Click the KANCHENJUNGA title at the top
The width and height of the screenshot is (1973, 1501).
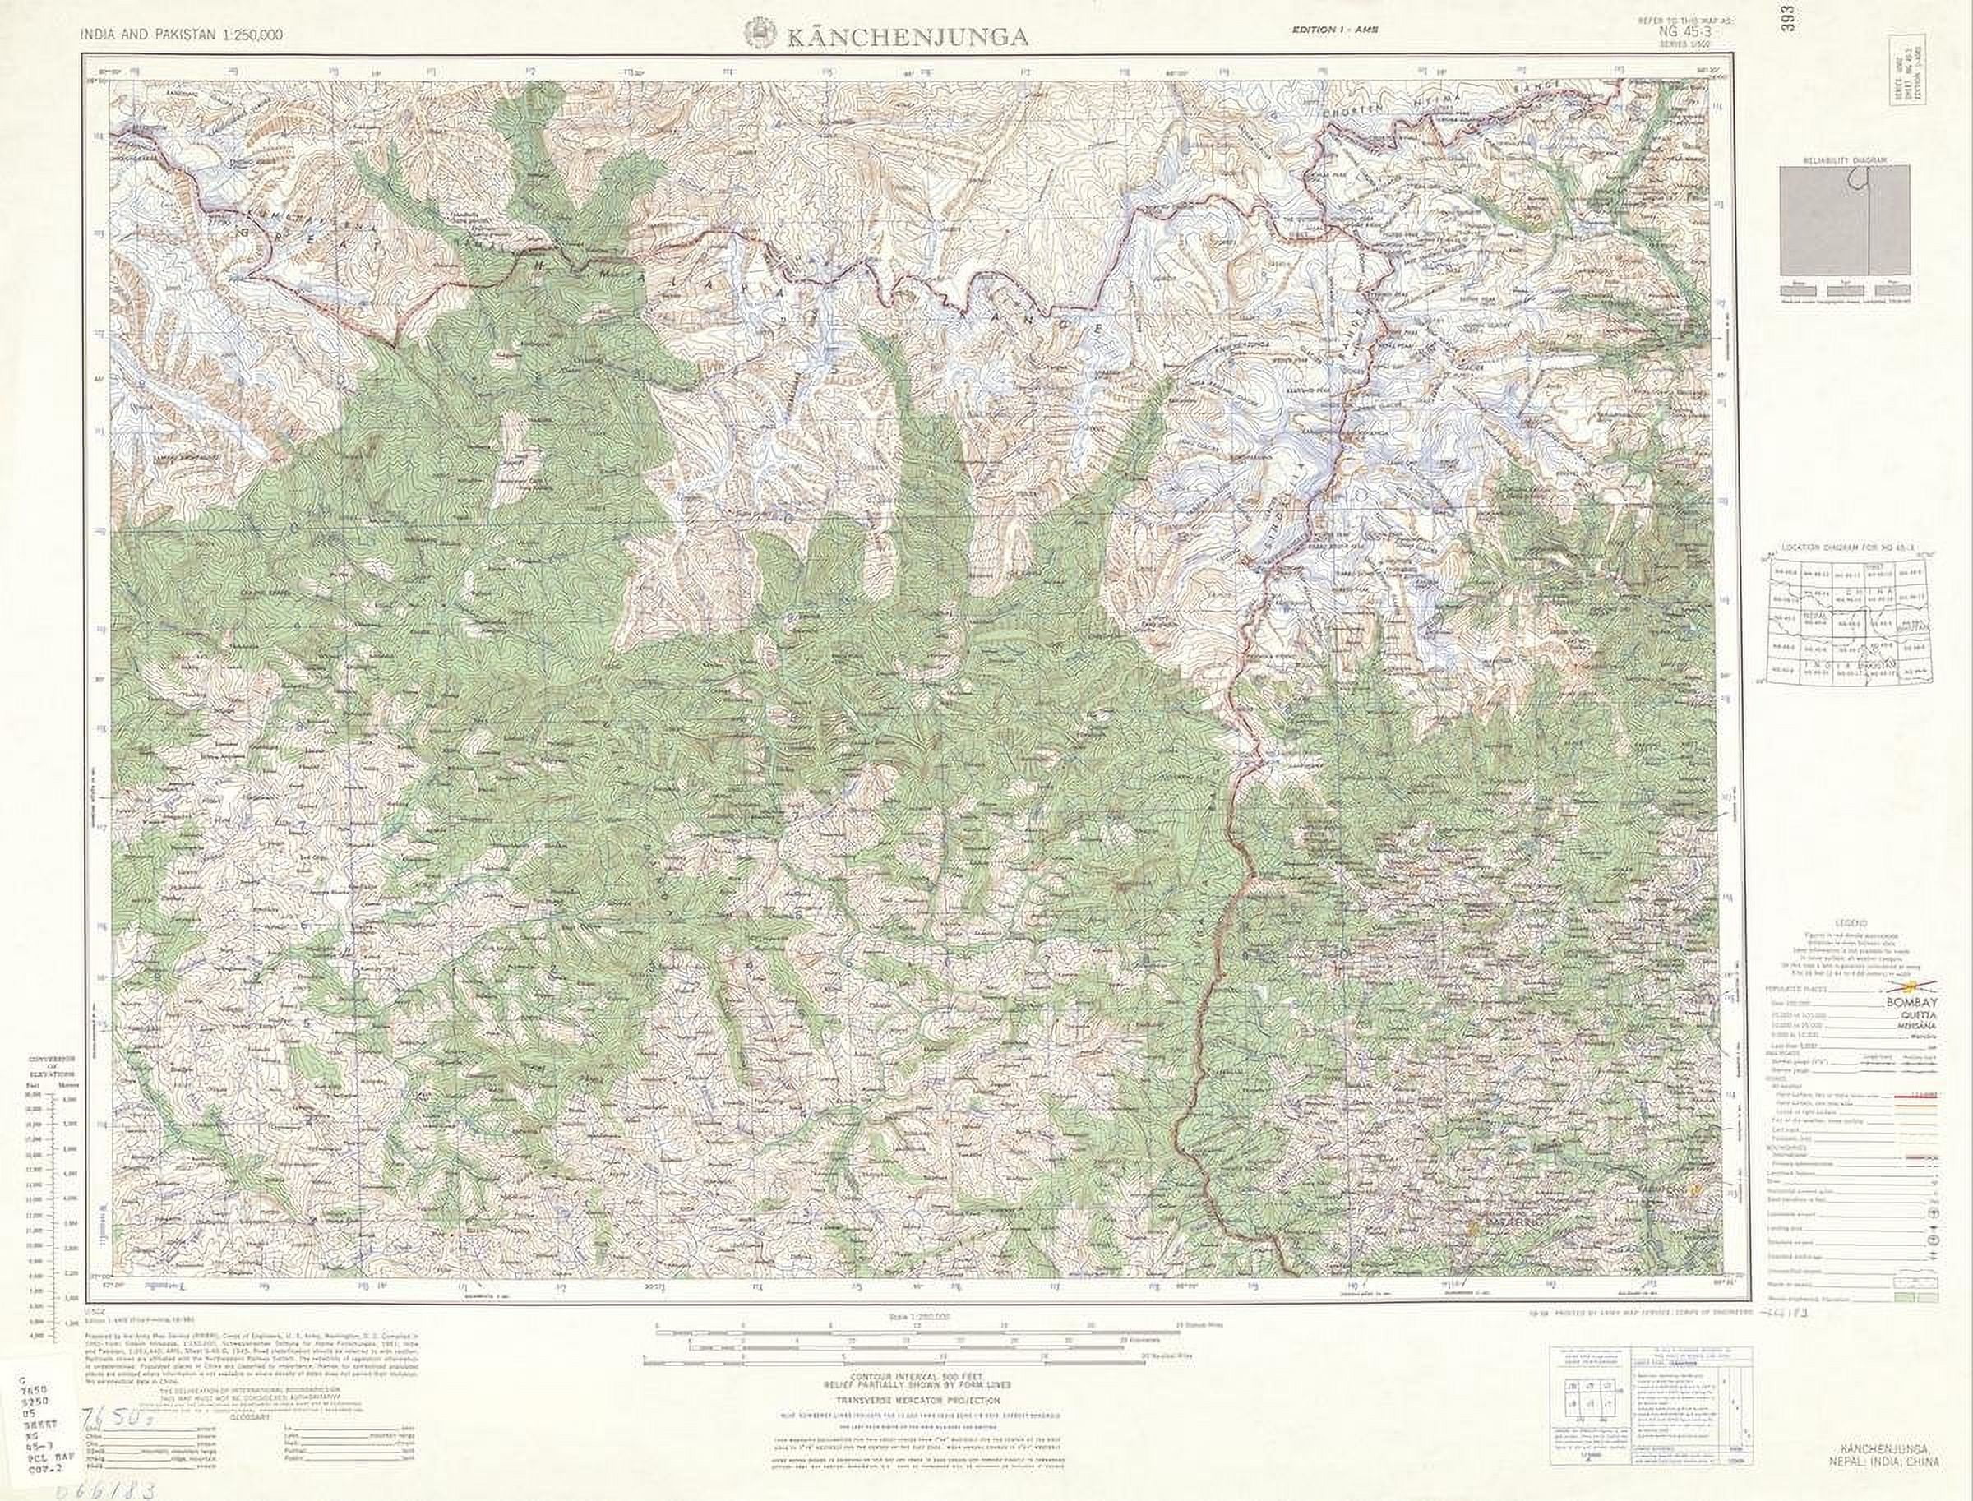click(x=906, y=37)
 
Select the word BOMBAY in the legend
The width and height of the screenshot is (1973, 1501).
click(x=1912, y=1004)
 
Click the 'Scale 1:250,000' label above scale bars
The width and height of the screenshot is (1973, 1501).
click(x=910, y=1317)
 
